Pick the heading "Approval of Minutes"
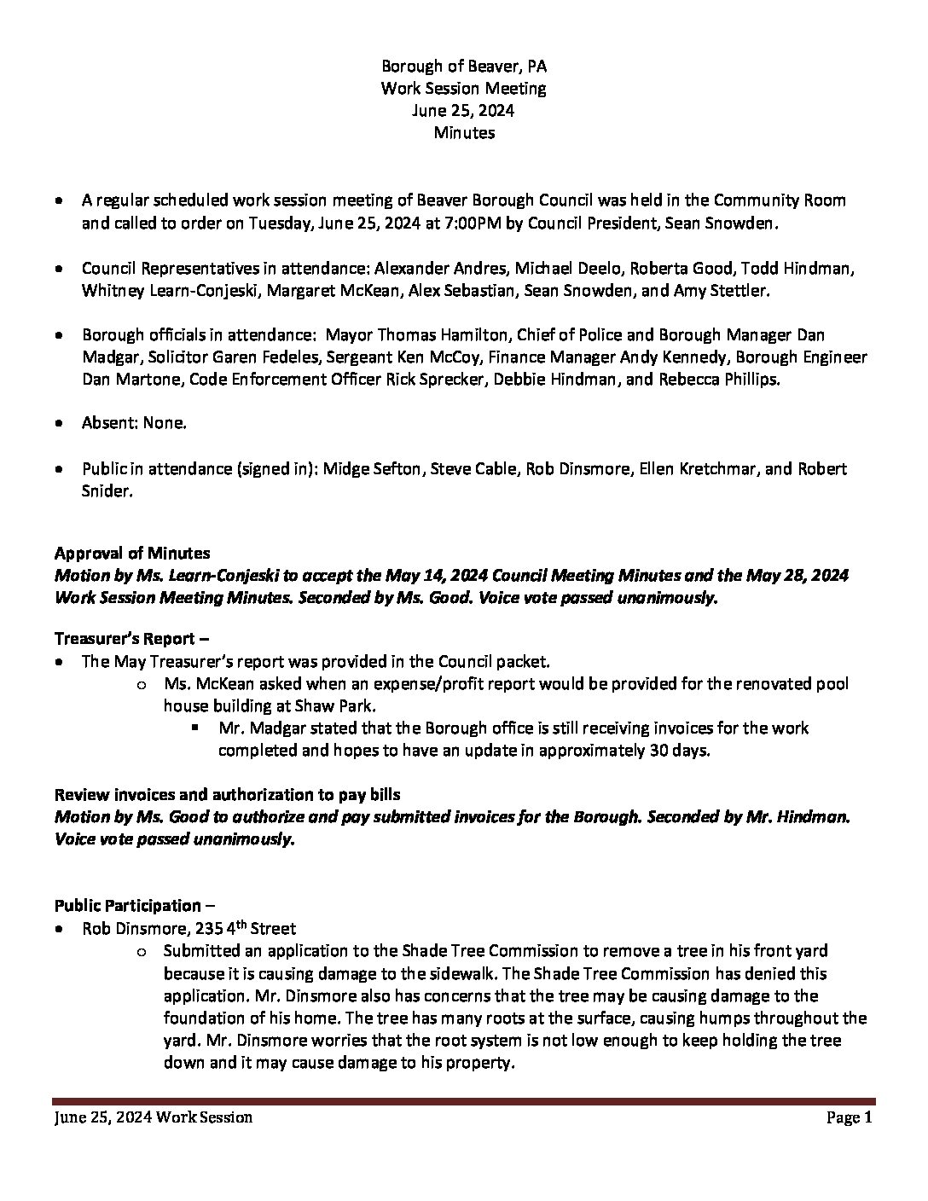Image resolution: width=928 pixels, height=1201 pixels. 132,554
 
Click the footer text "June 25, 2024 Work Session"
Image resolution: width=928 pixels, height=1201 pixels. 154,1117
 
